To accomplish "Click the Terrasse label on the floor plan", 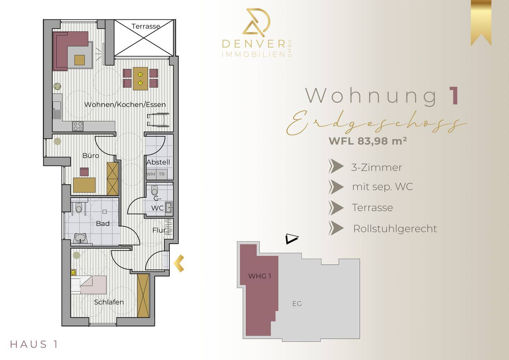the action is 146,27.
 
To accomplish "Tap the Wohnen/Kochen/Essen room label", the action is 125,105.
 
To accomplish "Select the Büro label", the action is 90,156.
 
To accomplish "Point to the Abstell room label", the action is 158,162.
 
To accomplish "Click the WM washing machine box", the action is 151,174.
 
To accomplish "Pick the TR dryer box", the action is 162,174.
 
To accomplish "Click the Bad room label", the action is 103,223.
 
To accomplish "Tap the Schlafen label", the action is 109,302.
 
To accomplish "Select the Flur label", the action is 159,230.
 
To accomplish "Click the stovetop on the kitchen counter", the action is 78,126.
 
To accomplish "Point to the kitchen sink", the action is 57,106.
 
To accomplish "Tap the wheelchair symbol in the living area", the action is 158,120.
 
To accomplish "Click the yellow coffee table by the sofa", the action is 80,60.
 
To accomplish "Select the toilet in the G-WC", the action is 154,190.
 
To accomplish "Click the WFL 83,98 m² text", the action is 368,141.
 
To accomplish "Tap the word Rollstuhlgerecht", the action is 395,229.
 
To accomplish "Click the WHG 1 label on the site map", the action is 259,276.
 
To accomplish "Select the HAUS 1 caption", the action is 34,344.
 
